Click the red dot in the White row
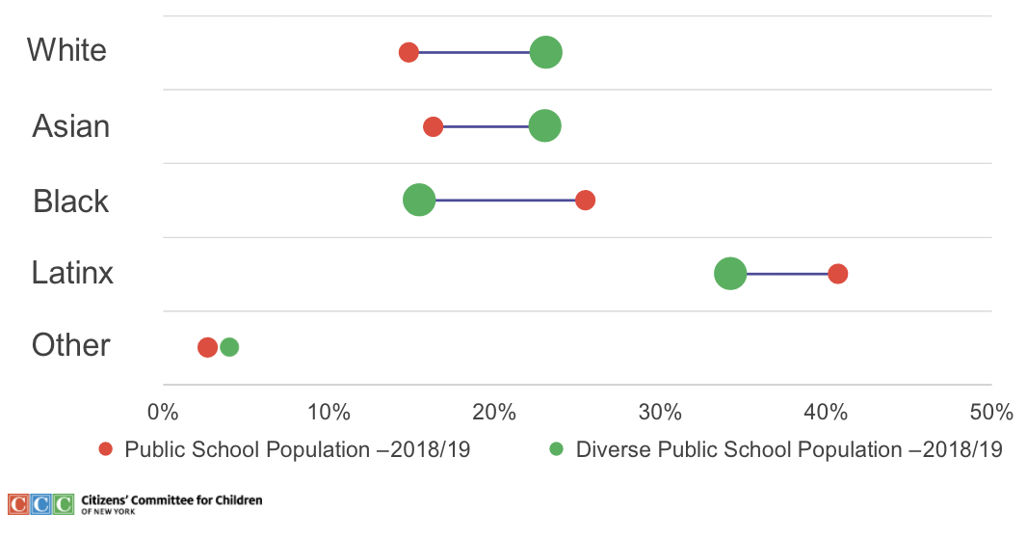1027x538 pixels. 408,52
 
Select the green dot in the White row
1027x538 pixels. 546,52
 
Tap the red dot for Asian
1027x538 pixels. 434,126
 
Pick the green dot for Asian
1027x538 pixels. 545,126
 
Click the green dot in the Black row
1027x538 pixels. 419,201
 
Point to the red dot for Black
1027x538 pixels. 585,201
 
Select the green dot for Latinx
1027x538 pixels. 730,274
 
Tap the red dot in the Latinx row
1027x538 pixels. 838,274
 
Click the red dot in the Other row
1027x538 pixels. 207,347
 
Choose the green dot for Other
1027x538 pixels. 229,347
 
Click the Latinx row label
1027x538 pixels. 72,273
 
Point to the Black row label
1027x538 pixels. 71,201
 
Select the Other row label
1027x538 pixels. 71,345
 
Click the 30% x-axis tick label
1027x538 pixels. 660,413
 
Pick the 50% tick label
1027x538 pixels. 990,413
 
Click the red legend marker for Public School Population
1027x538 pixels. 106,449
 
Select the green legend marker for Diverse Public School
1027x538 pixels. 556,449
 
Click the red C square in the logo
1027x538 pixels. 18,503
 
